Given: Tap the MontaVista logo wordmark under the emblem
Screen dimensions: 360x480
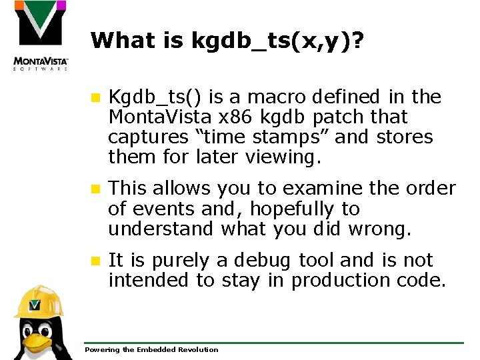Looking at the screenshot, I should coord(41,63).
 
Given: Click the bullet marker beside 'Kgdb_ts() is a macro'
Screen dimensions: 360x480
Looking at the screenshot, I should coord(95,97).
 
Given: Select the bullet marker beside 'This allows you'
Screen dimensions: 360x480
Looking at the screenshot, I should coord(95,189).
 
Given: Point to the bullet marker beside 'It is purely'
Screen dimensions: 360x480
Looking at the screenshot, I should coord(95,260).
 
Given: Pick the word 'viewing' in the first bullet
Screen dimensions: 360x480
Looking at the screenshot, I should coord(283,158).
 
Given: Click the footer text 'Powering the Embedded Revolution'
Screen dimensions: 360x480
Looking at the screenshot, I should coord(151,349).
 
